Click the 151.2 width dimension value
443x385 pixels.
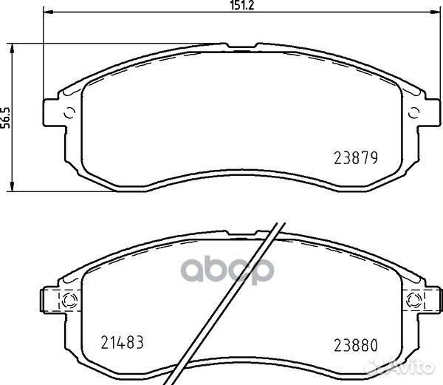pyautogui.click(x=242, y=5)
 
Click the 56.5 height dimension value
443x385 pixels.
pyautogui.click(x=6, y=117)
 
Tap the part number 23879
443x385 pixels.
pyautogui.click(x=356, y=157)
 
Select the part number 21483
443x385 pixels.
pyautogui.click(x=123, y=342)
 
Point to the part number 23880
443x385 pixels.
pyautogui.click(x=356, y=345)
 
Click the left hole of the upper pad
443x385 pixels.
pyautogui.click(x=70, y=113)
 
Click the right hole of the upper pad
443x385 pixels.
pyautogui.click(x=414, y=113)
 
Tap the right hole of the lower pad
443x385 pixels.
pyautogui.click(x=414, y=300)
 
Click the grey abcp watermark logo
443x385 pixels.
pyautogui.click(x=227, y=270)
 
